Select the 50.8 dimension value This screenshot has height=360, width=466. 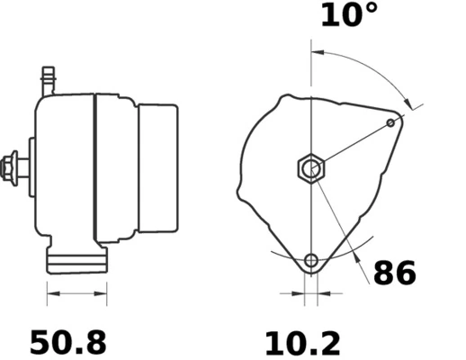click(68, 342)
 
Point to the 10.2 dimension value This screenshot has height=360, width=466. click(302, 342)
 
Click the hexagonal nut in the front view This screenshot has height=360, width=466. click(310, 167)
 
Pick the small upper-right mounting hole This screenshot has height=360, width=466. click(390, 122)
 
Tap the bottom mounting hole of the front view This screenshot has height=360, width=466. click(311, 262)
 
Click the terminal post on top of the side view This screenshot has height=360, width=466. click(48, 81)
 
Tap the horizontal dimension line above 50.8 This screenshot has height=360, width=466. click(76, 292)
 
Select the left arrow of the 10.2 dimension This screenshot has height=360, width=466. click(293, 293)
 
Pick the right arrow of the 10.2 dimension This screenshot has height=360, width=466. click(327, 293)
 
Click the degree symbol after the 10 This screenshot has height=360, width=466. click(371, 11)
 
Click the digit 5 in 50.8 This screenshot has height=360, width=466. click(40, 342)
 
